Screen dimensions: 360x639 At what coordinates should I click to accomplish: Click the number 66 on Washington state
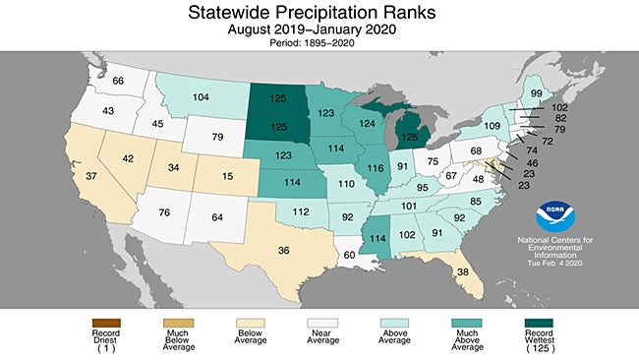(118, 81)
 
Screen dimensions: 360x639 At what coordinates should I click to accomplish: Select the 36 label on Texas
(283, 250)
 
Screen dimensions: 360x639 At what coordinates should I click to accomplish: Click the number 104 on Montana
(202, 98)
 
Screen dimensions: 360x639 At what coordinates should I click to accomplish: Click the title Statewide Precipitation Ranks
(319, 13)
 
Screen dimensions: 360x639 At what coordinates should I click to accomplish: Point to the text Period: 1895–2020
(319, 44)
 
